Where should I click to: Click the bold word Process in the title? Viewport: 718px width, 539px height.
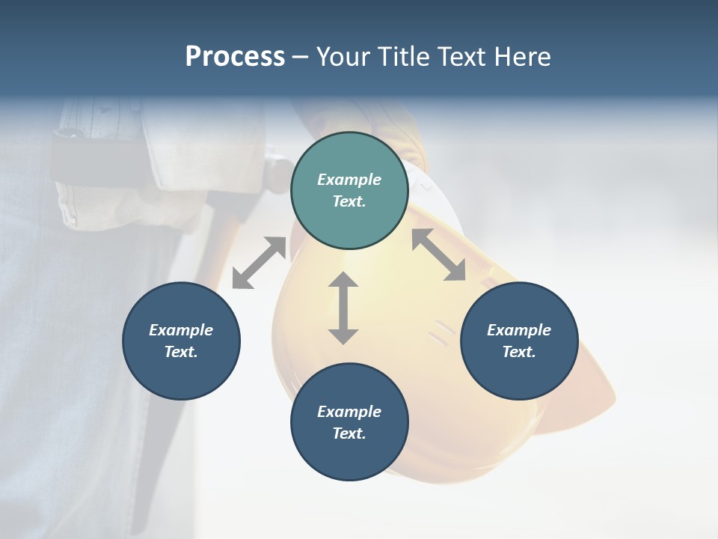tap(235, 57)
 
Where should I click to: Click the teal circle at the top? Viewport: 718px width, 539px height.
tap(349, 190)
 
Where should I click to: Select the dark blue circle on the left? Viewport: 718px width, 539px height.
tap(181, 341)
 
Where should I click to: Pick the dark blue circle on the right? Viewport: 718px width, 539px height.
tap(519, 341)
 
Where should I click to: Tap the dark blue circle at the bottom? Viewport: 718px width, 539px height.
tap(349, 421)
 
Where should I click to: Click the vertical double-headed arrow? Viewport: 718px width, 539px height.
tap(343, 308)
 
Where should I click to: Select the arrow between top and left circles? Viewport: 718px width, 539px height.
tap(260, 263)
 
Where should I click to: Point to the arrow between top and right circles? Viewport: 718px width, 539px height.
tap(439, 255)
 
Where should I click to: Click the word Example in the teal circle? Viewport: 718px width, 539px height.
tap(349, 180)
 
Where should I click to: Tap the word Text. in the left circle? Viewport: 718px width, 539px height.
tap(181, 352)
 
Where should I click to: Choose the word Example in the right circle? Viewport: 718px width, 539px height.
tap(519, 330)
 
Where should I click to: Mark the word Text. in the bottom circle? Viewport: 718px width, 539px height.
tap(349, 433)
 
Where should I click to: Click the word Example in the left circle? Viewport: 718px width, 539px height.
tap(181, 330)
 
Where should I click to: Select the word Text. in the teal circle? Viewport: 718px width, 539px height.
tap(349, 201)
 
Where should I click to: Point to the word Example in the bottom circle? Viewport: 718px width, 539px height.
tap(349, 412)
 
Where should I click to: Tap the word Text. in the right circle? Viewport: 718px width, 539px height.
tap(519, 352)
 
